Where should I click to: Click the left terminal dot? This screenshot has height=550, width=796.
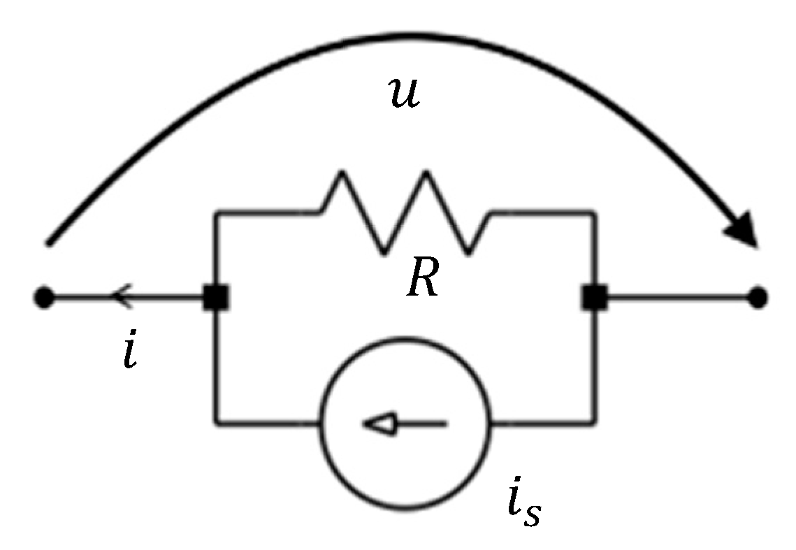(x=43, y=298)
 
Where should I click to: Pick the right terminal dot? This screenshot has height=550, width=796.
(x=758, y=298)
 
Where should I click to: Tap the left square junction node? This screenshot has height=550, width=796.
(x=215, y=298)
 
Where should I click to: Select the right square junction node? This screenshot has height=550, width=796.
(x=594, y=298)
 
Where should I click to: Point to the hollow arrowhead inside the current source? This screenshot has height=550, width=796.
(x=379, y=423)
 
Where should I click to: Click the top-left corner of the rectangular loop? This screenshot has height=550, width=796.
(x=216, y=211)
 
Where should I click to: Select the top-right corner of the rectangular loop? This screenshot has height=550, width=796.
(x=595, y=211)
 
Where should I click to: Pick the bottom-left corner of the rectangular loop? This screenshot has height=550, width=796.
(x=216, y=422)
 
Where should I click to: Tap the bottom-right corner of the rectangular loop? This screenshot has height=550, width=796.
(x=595, y=422)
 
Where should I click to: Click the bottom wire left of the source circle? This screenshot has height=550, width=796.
(x=269, y=422)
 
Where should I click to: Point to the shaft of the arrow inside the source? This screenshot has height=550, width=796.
(x=423, y=423)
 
